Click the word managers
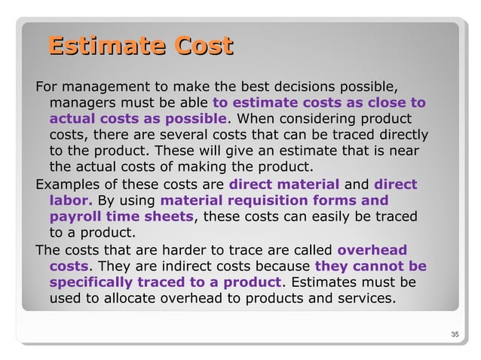click(x=82, y=102)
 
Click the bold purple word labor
click(x=71, y=201)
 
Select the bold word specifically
click(x=90, y=282)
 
